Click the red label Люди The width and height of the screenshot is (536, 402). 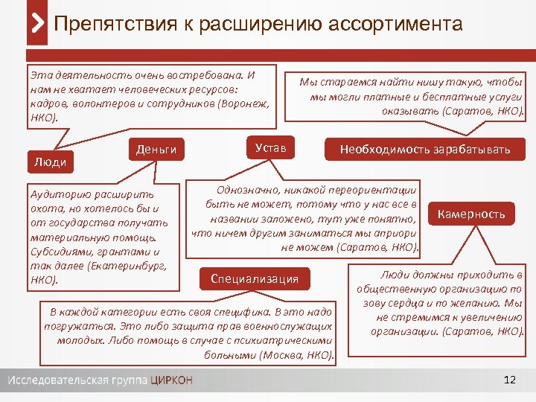coord(51,162)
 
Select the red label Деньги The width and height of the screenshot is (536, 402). coord(156,149)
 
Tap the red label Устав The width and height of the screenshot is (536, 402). coord(270,148)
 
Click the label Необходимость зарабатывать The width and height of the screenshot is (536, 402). coord(425,149)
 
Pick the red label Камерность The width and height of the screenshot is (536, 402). coord(470,214)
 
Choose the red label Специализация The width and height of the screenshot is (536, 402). coord(255,278)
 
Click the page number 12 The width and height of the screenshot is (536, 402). coord(509,380)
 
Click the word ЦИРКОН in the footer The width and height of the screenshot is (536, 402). coord(171,380)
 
